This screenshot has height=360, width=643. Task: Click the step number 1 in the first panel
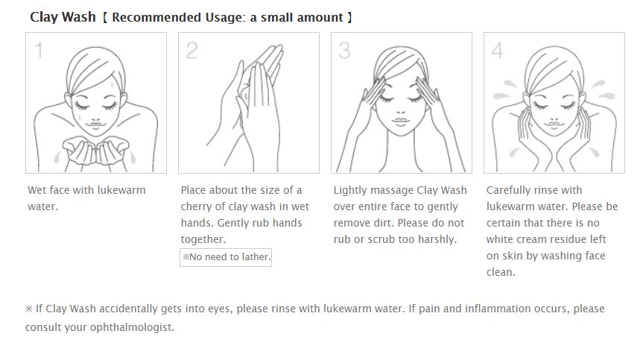pyautogui.click(x=39, y=51)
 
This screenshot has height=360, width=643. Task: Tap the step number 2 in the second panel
pyautogui.click(x=191, y=51)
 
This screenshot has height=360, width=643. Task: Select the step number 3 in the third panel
pyautogui.click(x=344, y=51)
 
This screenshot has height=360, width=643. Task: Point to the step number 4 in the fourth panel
pyautogui.click(x=498, y=51)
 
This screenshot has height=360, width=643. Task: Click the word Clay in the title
pyautogui.click(x=45, y=17)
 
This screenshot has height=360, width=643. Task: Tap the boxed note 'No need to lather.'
pyautogui.click(x=226, y=257)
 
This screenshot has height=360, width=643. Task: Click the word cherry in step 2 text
pyautogui.click(x=194, y=206)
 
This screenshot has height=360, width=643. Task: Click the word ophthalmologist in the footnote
pyautogui.click(x=132, y=327)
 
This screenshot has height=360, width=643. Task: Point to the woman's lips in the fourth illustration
pyautogui.click(x=554, y=124)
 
